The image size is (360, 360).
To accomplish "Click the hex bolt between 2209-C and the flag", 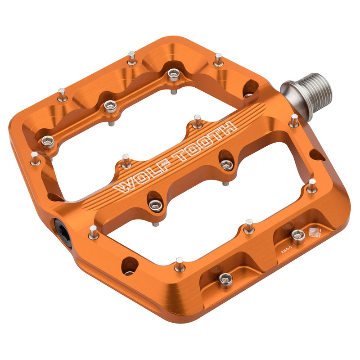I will tap(298, 235).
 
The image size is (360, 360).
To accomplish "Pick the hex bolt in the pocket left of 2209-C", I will tap(225, 279).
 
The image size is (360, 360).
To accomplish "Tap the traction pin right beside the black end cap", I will tap(93, 232).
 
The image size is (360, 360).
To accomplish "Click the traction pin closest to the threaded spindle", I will tap(294, 120).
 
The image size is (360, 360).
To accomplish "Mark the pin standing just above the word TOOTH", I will tap(197, 121).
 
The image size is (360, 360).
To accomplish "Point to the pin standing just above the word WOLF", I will tap(126, 160).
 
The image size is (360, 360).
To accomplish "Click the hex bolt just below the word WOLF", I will tap(155, 205).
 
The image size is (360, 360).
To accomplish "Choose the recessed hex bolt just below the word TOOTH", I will tap(227, 165).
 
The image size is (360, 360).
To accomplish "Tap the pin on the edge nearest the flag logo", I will tap(311, 185).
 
